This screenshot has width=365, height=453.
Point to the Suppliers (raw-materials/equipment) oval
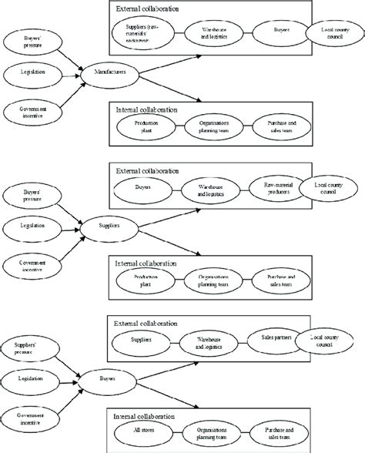143,32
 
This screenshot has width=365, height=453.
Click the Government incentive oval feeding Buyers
32,420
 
